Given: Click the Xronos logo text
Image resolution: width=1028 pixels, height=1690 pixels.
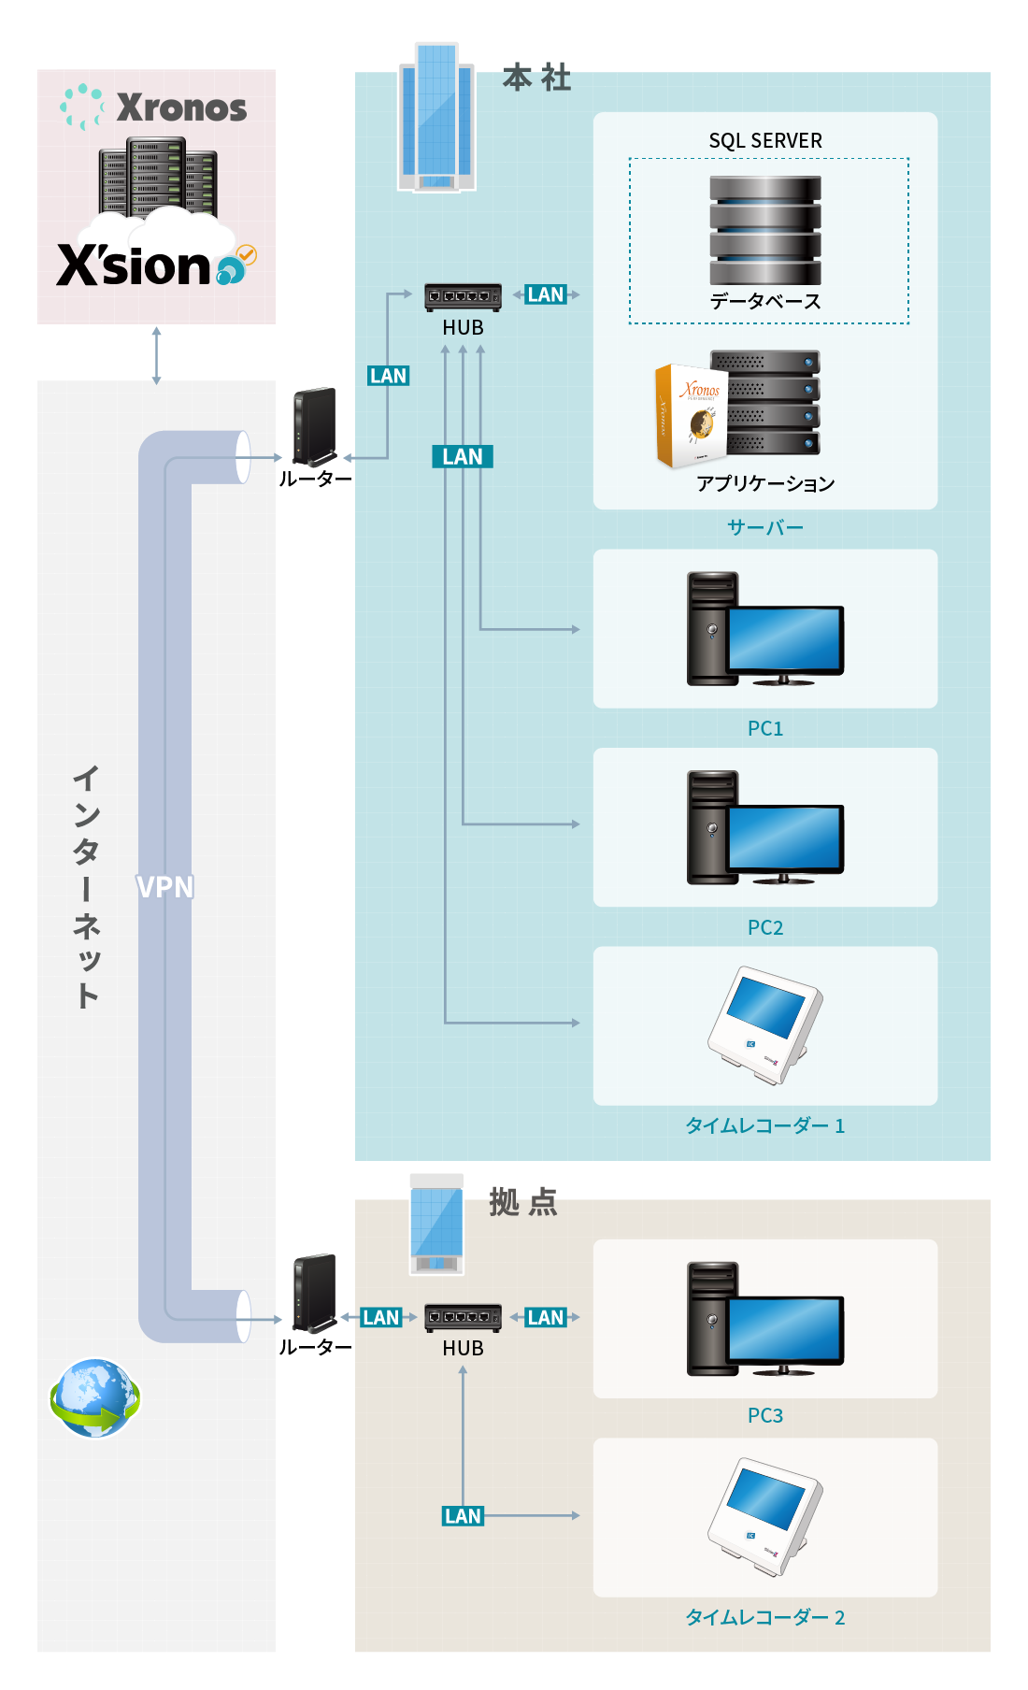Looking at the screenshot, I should pos(181,108).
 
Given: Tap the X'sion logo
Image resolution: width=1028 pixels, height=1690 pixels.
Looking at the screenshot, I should pos(136,266).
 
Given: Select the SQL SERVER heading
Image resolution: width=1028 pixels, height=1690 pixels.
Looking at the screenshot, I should pos(764,141).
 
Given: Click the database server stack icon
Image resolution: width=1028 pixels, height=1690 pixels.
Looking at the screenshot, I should pos(764,230).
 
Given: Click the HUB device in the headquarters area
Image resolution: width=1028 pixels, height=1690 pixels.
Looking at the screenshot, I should pos(463,297).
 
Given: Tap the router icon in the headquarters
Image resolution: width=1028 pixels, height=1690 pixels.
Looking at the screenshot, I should pos(314,427).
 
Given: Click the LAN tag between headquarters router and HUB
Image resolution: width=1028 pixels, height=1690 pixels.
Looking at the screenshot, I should pos(388,376).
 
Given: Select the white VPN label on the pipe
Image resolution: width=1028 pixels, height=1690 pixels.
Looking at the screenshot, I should pos(164,887).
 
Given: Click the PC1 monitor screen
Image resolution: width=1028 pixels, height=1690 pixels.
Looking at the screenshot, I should pos(785,638).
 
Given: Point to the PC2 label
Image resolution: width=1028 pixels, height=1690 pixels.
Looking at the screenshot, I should pos(764,927).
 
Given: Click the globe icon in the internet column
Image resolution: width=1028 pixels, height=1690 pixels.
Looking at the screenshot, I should pos(94,1397).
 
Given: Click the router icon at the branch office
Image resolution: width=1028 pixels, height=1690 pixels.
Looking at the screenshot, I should pos(314,1294).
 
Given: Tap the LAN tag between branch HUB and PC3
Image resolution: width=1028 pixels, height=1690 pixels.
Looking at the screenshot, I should pos(546,1317).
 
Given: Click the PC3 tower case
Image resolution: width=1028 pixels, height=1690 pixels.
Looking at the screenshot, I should pos(710,1319).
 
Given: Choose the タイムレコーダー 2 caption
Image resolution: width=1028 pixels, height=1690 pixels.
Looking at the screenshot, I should pos(764,1617).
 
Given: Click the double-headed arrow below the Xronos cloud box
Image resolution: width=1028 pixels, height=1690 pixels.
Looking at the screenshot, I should pos(156,355).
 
